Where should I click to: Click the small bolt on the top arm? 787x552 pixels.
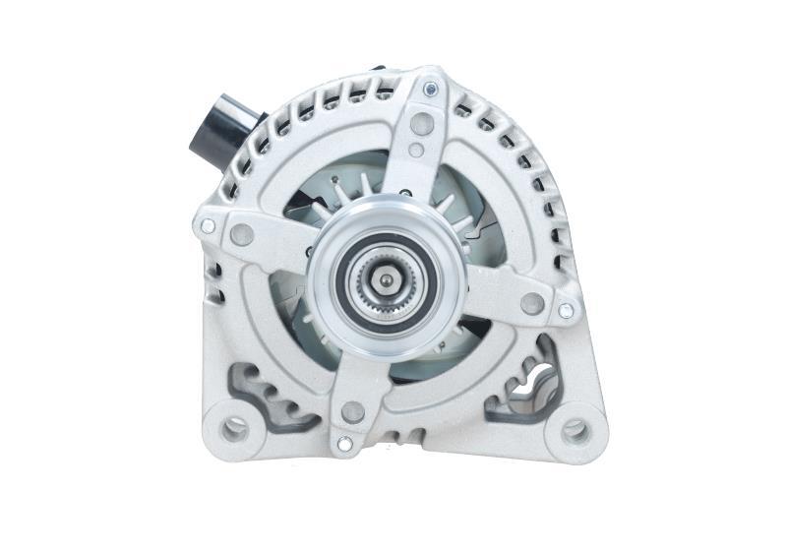coord(430,90)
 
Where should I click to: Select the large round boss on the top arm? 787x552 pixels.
coord(421,123)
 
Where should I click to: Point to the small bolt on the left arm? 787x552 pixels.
coord(208,226)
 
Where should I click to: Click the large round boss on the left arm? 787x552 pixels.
coord(241,234)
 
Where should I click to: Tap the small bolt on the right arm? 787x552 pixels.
coord(566,310)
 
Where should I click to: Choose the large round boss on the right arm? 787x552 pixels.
coord(532,303)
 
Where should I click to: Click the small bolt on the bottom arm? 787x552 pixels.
coord(342,445)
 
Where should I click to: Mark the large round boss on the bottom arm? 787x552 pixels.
coord(351,411)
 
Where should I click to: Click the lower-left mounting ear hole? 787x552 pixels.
coord(235,427)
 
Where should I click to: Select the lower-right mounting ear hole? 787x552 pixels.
coord(575,430)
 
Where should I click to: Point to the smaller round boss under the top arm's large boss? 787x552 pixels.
coord(417,151)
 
